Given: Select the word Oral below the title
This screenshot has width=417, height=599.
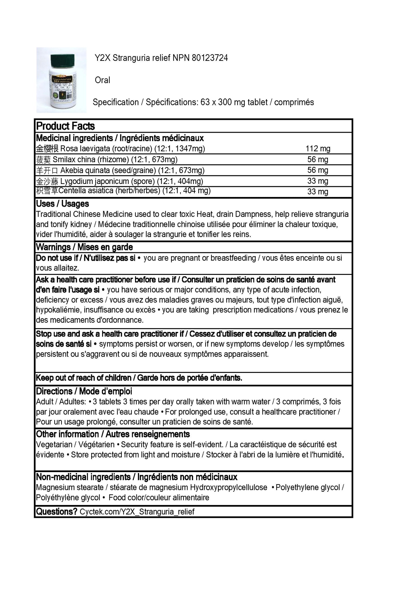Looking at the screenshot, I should [102, 80].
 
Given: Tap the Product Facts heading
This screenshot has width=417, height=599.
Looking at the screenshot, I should [66, 126].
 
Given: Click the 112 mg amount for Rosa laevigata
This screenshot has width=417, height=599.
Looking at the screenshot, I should [318, 149].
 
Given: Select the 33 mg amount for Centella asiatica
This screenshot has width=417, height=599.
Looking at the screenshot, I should [318, 191].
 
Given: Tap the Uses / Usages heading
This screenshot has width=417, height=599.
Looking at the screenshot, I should [62, 204].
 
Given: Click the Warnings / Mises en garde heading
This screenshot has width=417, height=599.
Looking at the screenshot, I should [84, 247].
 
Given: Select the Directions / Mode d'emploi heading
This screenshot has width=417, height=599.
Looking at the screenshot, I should [84, 391].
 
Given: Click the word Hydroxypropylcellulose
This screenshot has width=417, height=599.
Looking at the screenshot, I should [229, 487].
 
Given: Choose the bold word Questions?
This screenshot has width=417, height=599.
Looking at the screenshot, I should [57, 512].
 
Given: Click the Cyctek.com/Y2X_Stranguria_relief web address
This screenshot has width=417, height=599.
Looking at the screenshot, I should [137, 512].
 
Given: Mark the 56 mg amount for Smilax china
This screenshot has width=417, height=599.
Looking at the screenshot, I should [318, 159].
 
